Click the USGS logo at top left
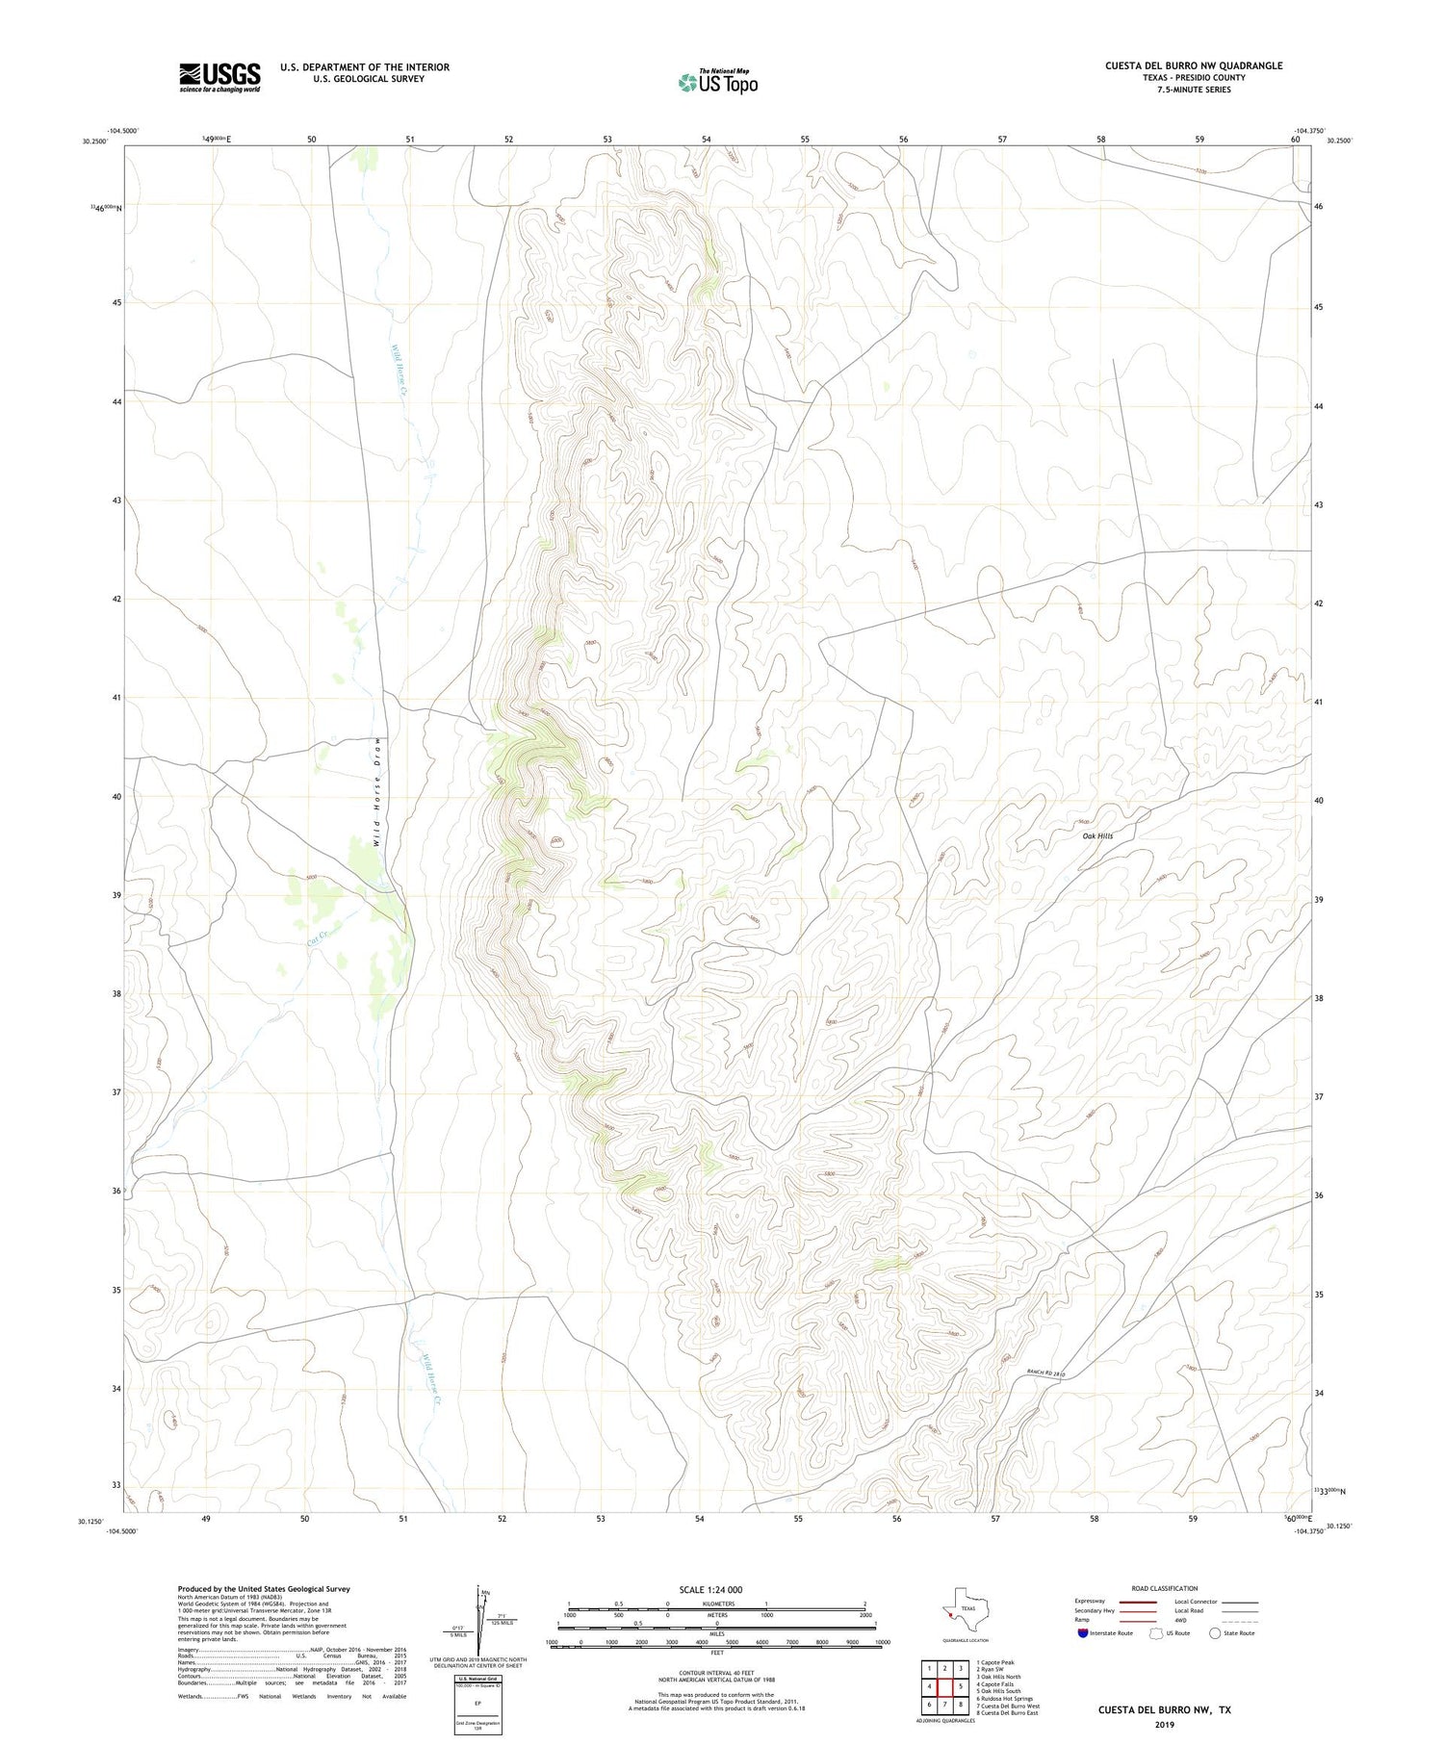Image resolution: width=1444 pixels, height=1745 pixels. (x=219, y=77)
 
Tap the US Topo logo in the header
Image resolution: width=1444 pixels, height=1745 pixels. (x=718, y=83)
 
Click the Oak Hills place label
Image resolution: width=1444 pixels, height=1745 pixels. (x=1096, y=836)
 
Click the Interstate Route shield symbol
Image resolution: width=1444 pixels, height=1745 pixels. (x=1083, y=1633)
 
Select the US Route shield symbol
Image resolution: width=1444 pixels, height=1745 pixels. (x=1156, y=1633)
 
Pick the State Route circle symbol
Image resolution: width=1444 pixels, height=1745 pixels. (x=1215, y=1633)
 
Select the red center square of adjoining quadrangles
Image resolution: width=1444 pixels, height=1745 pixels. (x=944, y=1686)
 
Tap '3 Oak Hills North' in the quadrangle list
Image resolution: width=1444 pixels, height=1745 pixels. (x=999, y=1677)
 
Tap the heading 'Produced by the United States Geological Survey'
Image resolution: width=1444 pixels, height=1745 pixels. (x=264, y=1589)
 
